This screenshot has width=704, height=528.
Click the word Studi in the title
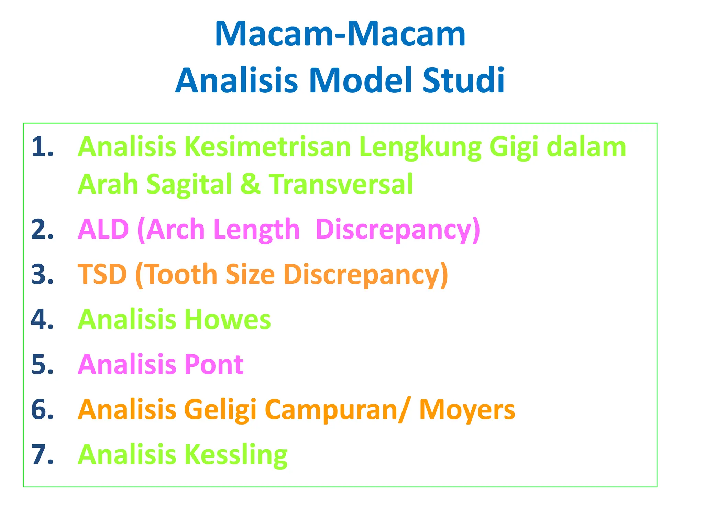(x=463, y=80)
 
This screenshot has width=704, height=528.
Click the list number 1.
(x=42, y=147)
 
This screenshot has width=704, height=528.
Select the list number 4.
(x=42, y=320)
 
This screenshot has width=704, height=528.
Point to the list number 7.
(x=42, y=455)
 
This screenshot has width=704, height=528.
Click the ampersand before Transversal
(x=250, y=184)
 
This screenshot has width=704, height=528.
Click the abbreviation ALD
(x=103, y=229)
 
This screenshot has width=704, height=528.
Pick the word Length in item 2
(x=256, y=229)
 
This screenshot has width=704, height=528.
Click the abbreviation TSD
(x=102, y=274)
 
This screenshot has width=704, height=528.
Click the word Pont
(x=214, y=364)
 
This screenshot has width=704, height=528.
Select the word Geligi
(x=220, y=410)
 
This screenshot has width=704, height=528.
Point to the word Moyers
(x=467, y=410)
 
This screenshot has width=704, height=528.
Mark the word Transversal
(x=341, y=184)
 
